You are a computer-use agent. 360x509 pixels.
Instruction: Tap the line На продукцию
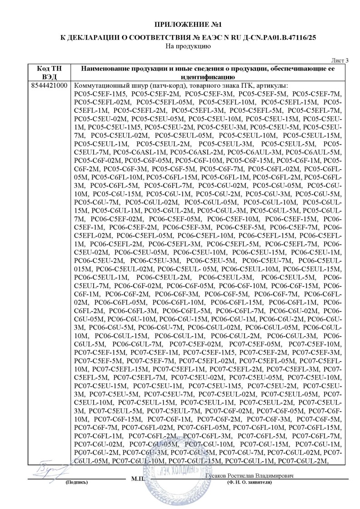[x=180, y=45]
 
